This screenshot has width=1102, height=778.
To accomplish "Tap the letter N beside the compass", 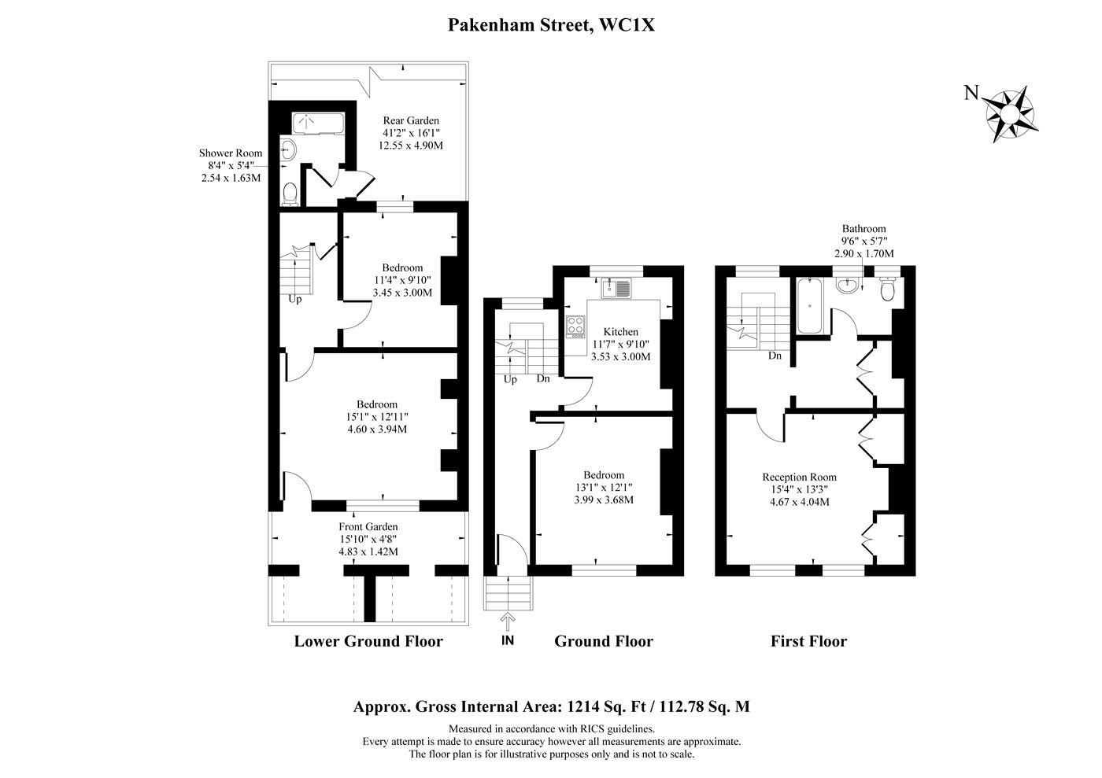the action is pos(971,93).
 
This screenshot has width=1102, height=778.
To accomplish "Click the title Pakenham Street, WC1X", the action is pos(551,24).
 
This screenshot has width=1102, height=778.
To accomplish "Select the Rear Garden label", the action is pos(411,120).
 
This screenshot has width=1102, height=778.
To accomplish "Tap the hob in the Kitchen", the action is pos(575,326).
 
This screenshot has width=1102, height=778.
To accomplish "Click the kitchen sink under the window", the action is pos(616,288).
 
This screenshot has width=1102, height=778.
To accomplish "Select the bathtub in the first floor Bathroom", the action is pos(809,306).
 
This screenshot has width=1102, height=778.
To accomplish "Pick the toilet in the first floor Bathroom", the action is pos(888,289).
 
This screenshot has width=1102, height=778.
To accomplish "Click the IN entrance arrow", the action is pos(508,621).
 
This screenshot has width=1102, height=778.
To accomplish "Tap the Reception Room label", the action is pos(800,477).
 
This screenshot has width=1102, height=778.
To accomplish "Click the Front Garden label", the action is pos(368,527).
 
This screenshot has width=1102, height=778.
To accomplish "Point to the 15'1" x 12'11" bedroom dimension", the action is pos(377,417).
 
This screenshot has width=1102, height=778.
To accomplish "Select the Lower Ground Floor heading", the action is pos(368,641).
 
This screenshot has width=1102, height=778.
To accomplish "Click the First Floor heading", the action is pos(809,641).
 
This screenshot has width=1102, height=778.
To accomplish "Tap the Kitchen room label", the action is pos(621,332).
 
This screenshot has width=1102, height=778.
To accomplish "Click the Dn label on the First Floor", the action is pos(775,356).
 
